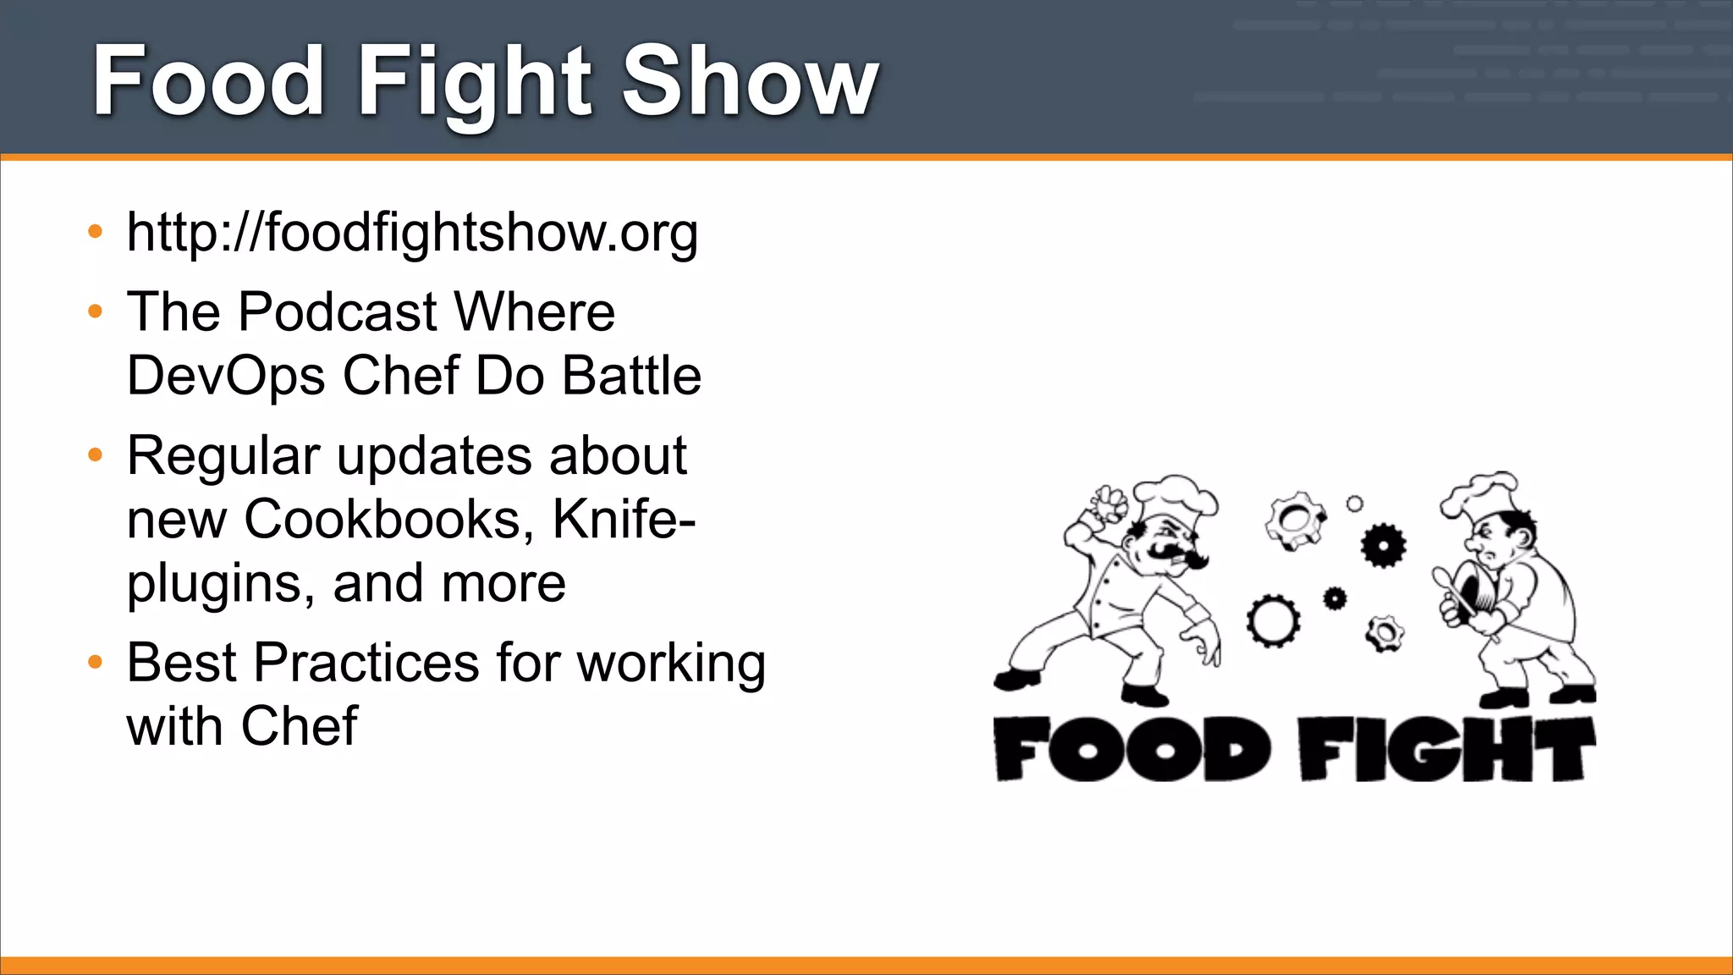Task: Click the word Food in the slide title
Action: click(208, 81)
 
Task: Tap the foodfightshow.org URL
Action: click(412, 232)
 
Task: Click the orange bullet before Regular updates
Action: click(96, 455)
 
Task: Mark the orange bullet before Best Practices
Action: click(96, 662)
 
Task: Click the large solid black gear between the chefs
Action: click(1383, 545)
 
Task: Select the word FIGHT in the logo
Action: click(1447, 749)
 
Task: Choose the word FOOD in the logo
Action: click(1130, 749)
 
